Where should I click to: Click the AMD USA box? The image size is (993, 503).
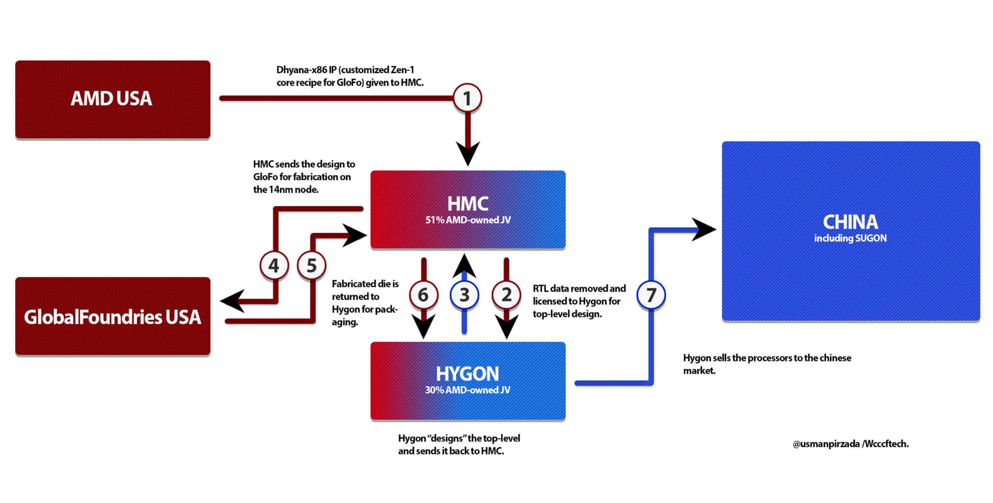tap(112, 99)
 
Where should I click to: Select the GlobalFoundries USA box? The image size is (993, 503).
tap(112, 317)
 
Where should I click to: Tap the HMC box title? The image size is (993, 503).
tap(467, 204)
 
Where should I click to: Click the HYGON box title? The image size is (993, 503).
tap(467, 374)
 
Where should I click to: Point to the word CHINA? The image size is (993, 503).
tap(850, 222)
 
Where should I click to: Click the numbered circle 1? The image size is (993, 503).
tap(467, 98)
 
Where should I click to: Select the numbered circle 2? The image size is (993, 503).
tap(506, 295)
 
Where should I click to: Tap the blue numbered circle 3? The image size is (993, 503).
tap(464, 295)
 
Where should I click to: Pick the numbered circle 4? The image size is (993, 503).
tap(274, 266)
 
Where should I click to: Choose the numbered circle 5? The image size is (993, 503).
tap(311, 266)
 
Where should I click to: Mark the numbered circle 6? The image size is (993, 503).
tap(423, 295)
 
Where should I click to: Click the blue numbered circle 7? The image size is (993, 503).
tap(651, 295)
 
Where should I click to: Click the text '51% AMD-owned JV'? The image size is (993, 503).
tap(467, 220)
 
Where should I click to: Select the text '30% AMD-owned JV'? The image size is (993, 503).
tap(467, 390)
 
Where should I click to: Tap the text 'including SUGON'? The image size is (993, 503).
tap(850, 238)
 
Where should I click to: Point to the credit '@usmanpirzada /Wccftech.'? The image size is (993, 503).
tap(850, 444)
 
